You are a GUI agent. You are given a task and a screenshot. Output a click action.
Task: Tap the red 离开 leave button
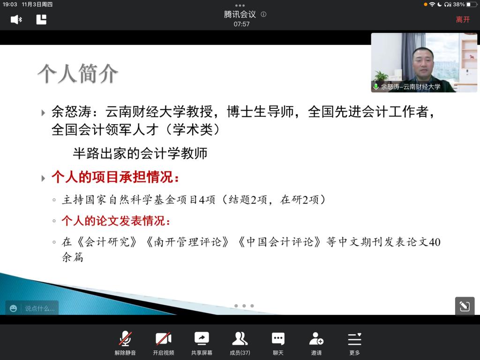coord(463,20)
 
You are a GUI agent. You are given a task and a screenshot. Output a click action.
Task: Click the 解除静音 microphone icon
coord(125,339)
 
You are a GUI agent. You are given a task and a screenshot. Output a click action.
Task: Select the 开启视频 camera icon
coord(164,339)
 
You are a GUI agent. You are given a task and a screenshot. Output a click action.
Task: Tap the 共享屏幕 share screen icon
coord(202,338)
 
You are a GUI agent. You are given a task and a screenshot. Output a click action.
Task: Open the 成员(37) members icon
coord(240,338)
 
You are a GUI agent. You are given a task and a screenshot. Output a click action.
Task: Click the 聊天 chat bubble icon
coord(278,338)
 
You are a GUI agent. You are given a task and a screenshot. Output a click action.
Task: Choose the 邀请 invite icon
coord(316,338)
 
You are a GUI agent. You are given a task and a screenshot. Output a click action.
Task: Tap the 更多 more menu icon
coord(354,339)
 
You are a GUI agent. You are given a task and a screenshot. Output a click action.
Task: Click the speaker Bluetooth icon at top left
coord(16,20)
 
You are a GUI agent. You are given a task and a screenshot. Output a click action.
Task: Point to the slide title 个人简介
coord(78,74)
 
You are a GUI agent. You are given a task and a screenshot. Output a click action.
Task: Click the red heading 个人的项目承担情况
coord(115,177)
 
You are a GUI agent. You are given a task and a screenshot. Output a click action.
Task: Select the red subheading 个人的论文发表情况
coord(116,221)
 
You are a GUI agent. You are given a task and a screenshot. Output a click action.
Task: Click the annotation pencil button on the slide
coord(465,306)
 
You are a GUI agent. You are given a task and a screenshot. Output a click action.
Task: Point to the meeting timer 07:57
coord(241,24)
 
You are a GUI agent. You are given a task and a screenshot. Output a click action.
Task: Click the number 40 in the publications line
coord(435,242)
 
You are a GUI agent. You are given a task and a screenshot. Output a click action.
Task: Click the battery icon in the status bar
coord(472,4)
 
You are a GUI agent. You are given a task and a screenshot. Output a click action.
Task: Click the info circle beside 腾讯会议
coord(263,14)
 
